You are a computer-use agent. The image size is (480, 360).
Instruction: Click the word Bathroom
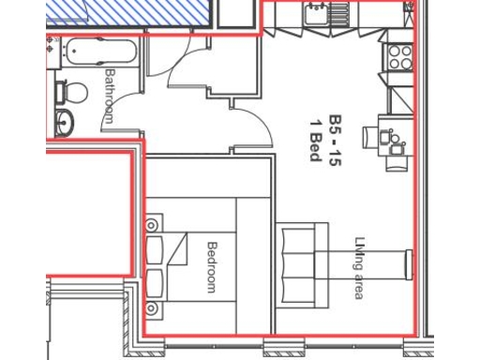pyautogui.click(x=110, y=96)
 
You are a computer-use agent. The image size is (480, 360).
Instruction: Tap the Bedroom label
pyautogui.click(x=212, y=267)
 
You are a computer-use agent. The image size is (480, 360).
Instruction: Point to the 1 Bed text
pyautogui.click(x=315, y=139)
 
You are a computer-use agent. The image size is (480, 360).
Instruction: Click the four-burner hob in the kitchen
pyautogui.click(x=400, y=56)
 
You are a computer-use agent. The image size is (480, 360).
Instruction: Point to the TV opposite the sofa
pyautogui.click(x=407, y=264)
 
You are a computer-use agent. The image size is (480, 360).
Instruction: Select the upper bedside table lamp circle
pyautogui.click(x=150, y=224)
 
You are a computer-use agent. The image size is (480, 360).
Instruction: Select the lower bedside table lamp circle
pyautogui.click(x=150, y=306)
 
